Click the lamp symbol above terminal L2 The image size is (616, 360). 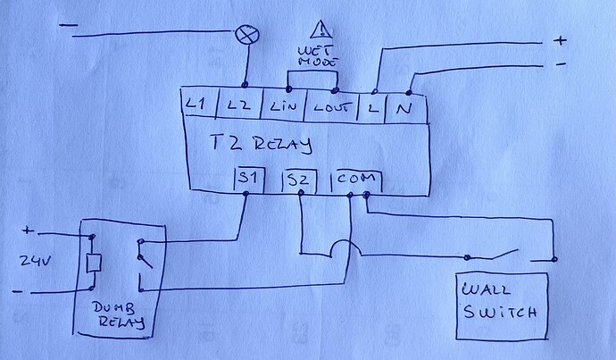pos(247,35)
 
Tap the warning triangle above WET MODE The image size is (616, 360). pos(321,29)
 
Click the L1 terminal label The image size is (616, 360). pos(196,105)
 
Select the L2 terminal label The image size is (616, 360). pos(239,105)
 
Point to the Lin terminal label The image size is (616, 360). pos(283,106)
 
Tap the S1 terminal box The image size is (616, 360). pos(249,180)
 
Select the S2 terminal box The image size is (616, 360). pos(300,181)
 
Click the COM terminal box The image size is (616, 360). pos(356,181)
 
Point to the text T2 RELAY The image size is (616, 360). pos(262,144)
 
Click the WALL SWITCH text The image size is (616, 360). pos(499,300)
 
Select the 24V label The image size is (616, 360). pos(36,261)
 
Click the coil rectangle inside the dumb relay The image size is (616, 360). pos(94,263)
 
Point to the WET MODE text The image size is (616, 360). pos(318,56)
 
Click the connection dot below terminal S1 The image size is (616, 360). pos(246,193)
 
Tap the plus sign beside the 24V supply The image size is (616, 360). pos(28,230)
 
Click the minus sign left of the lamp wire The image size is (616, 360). pos(69,26)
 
